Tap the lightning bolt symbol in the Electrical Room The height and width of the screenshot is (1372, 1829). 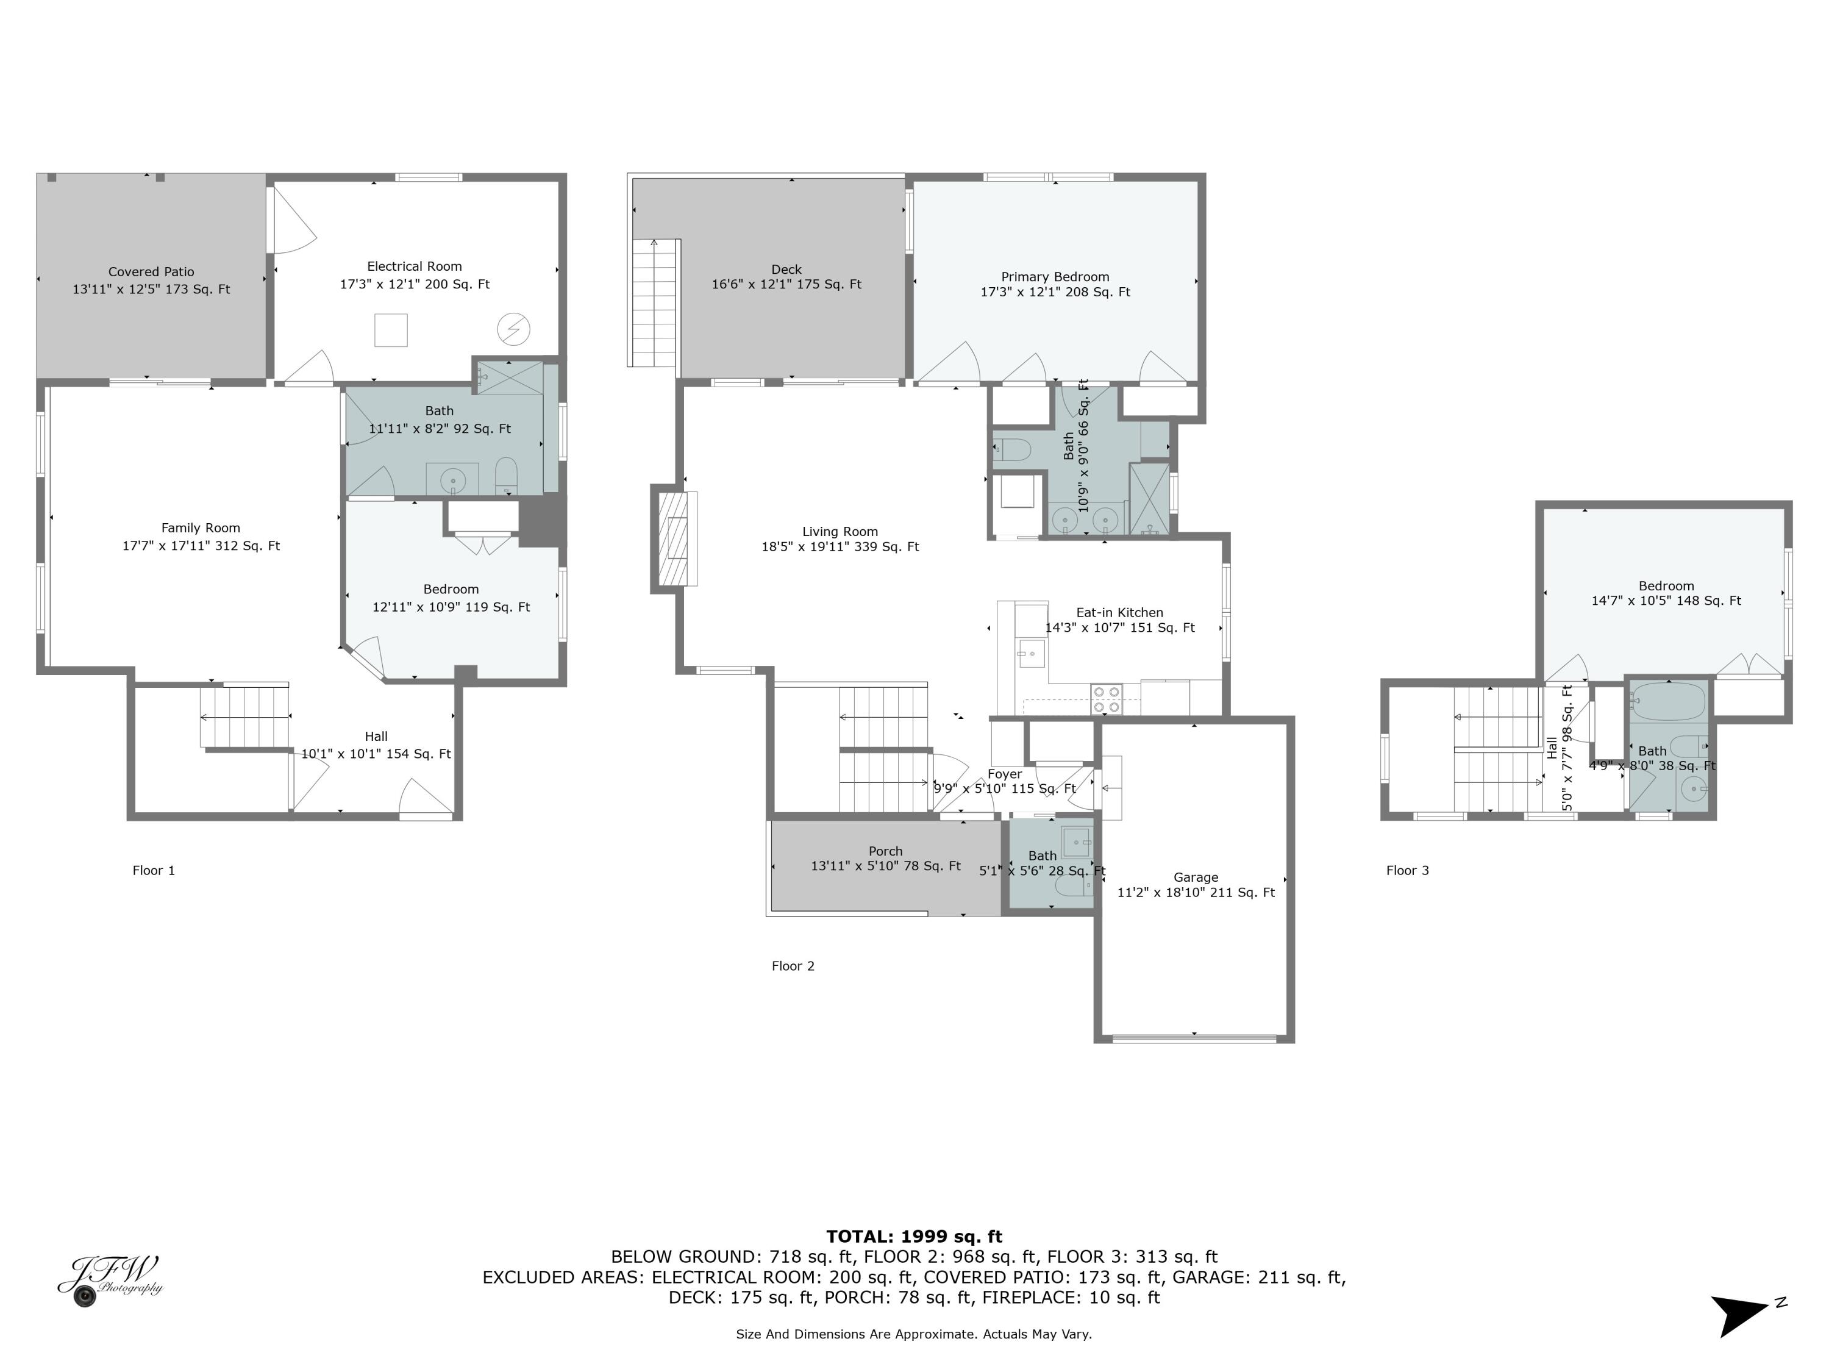click(x=513, y=330)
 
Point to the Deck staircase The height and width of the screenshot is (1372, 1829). click(x=654, y=302)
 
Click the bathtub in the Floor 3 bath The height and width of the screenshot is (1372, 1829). click(x=1669, y=701)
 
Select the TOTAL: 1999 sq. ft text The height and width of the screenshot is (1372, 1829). click(x=914, y=1237)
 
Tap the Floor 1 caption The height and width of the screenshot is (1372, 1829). click(x=154, y=870)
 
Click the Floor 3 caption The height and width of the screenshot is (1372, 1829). click(x=1407, y=870)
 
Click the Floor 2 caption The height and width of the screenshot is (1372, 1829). click(x=793, y=966)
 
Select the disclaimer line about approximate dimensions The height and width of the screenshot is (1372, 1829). click(x=914, y=1334)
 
